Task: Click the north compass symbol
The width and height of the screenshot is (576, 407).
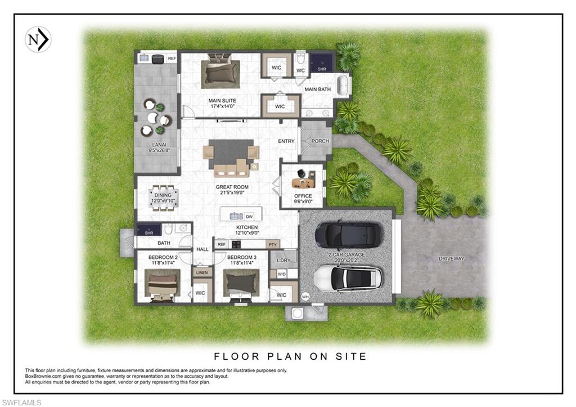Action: coord(38,39)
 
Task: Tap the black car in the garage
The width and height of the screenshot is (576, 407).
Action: coord(348,235)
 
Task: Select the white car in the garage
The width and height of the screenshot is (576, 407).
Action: coord(348,278)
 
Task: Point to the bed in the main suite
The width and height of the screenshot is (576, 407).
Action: coord(220,71)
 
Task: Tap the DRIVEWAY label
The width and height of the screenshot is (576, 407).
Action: coord(452,258)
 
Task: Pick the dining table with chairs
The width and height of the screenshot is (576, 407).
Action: coord(164,198)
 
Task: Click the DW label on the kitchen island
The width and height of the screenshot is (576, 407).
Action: coord(249,216)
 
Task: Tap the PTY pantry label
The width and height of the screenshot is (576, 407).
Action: coord(272,244)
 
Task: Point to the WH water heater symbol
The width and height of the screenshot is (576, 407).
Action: coord(305,296)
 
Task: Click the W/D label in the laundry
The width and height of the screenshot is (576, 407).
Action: coord(281,275)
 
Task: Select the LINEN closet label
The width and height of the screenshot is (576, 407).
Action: coord(202,272)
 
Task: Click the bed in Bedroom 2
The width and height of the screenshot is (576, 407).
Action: coord(163,285)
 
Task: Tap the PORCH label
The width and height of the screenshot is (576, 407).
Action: coord(320,141)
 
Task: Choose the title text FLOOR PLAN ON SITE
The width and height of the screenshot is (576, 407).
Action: coord(290,356)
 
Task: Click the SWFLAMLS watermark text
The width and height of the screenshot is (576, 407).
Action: coord(21,402)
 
